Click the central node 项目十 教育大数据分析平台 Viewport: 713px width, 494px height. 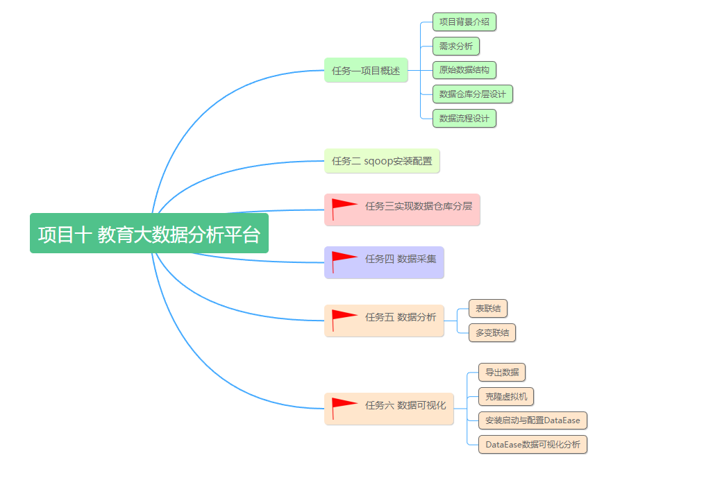[149, 234]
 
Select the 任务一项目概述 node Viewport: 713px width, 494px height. [366, 70]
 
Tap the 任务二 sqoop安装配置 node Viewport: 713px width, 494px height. [382, 161]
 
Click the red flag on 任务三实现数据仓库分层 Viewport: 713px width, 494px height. [344, 207]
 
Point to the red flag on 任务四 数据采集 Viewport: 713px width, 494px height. [344, 259]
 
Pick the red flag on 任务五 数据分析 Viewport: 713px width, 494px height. [344, 318]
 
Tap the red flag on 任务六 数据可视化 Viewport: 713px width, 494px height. [344, 406]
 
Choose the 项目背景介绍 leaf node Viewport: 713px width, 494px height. [464, 22]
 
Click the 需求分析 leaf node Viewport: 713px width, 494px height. [455, 46]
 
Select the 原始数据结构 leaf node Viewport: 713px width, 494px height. [464, 70]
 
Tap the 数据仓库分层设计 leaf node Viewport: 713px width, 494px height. [472, 94]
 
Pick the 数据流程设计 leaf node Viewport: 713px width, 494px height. [464, 119]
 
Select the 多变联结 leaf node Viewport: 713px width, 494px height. [492, 333]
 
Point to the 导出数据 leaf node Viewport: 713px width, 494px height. [502, 373]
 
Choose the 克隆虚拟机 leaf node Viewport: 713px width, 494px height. [506, 397]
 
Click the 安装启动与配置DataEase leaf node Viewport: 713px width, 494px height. [532, 420]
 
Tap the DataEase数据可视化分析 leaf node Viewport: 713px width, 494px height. [532, 444]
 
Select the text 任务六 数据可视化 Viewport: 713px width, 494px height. [405, 405]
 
